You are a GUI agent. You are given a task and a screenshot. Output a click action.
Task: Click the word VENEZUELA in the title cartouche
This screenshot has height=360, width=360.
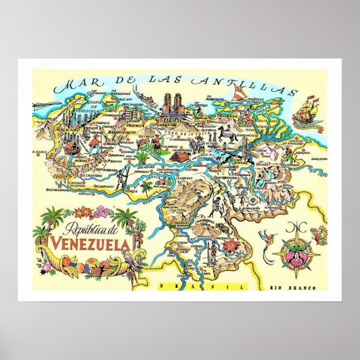tap(91, 244)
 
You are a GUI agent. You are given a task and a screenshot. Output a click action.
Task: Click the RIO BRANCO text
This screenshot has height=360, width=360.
tap(299, 288)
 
